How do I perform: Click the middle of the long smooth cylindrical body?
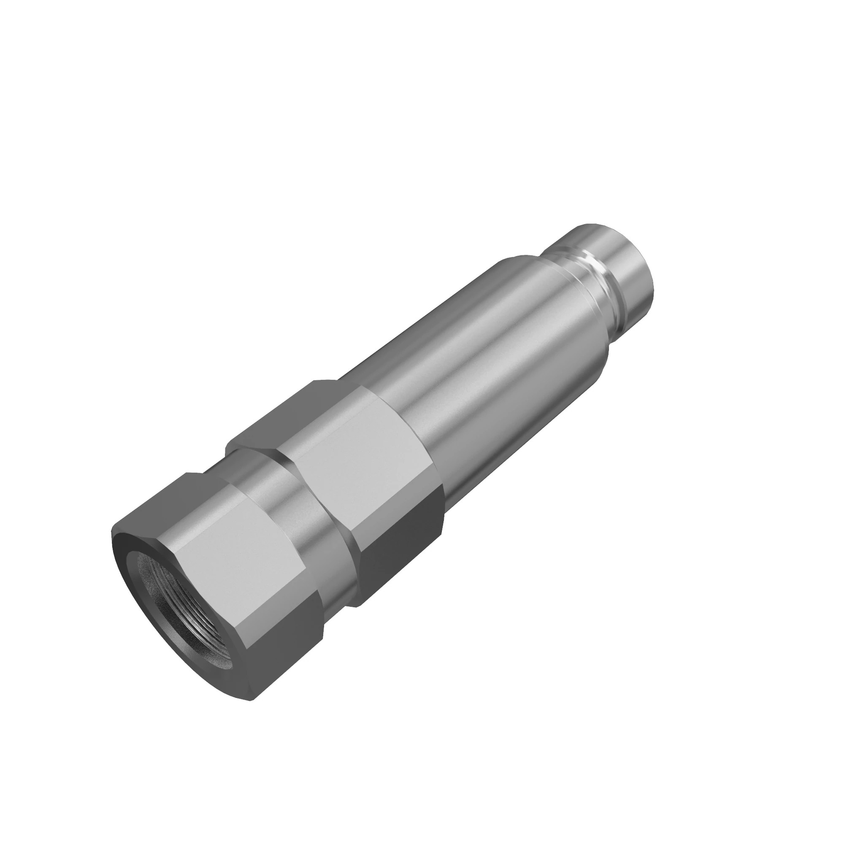tap(494, 367)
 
